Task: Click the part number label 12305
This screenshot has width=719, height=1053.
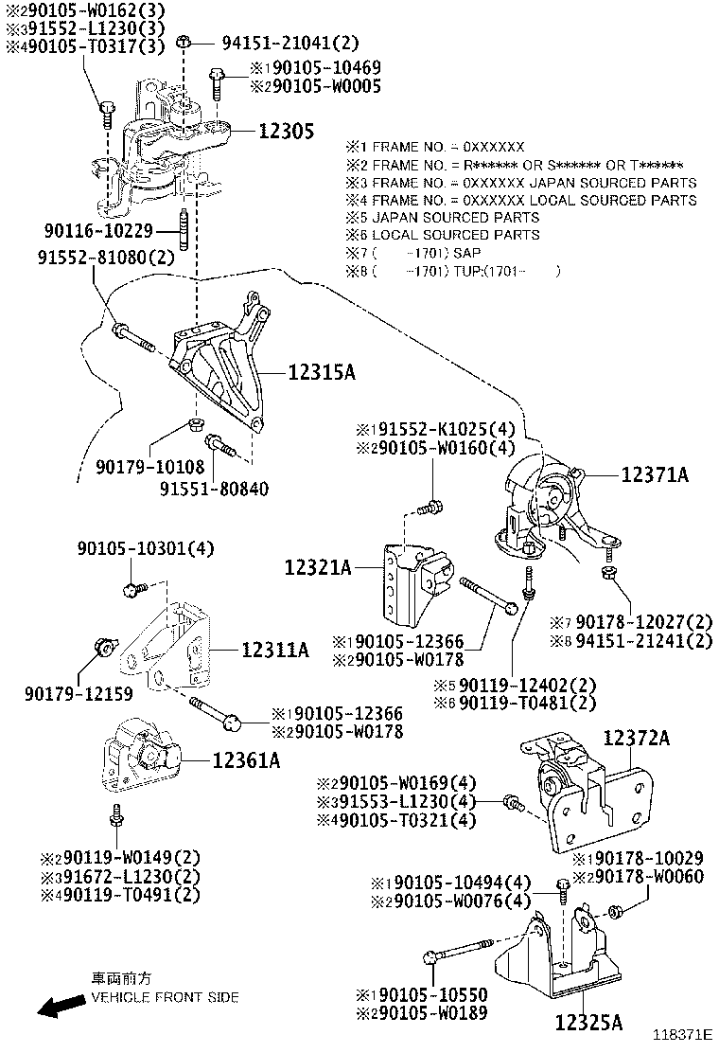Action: pos(287,132)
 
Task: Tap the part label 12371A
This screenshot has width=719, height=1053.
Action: pos(655,474)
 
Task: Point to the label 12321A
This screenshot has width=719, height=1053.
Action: pos(318,568)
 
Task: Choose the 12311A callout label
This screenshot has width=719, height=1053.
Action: pos(275,650)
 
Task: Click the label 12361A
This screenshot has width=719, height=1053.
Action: pos(245,759)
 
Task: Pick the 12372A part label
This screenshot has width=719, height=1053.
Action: pos(636,738)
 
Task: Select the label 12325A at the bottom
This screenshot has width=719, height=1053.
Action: pos(587,1022)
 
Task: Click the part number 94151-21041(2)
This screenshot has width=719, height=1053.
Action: pos(277,43)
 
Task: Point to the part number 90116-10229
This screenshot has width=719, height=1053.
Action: pos(108,230)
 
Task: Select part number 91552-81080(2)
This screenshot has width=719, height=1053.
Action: pos(106,257)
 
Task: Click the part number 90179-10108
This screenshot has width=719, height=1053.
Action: pos(149,466)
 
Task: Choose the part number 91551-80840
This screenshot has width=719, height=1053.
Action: pos(214,490)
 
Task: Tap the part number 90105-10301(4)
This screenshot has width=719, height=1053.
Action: pos(146,548)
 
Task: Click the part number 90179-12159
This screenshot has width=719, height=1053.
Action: pos(80,693)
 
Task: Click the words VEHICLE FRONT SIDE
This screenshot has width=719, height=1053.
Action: pos(165,997)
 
